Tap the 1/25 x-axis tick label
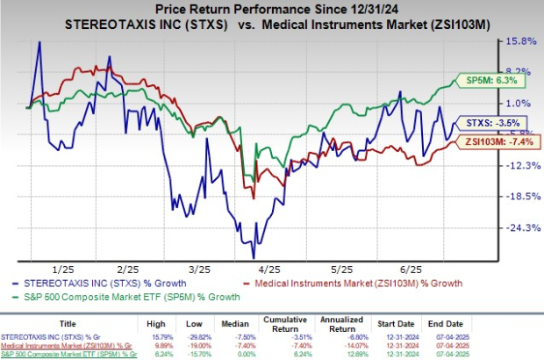pyautogui.click(x=62, y=269)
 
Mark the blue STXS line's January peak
pyautogui.click(x=39, y=42)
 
